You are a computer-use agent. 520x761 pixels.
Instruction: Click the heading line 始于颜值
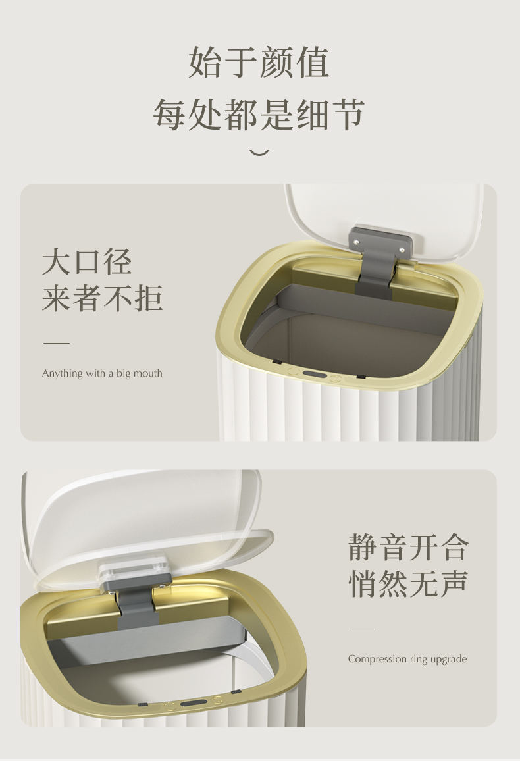[259, 63]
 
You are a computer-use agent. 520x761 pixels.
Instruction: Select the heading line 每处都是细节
[259, 115]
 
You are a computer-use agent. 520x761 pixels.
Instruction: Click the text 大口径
[88, 262]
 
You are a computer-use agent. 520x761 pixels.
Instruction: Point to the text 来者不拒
[102, 298]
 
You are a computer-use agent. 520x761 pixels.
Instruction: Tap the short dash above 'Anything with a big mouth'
[57, 343]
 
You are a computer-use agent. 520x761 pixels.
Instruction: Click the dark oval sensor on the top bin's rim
[314, 375]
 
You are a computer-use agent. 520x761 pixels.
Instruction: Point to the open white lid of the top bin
[383, 219]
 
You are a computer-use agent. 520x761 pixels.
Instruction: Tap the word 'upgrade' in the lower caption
[450, 660]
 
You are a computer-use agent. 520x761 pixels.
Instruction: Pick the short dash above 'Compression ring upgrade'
[362, 629]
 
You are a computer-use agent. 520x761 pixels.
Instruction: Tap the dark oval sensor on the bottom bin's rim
[190, 703]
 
